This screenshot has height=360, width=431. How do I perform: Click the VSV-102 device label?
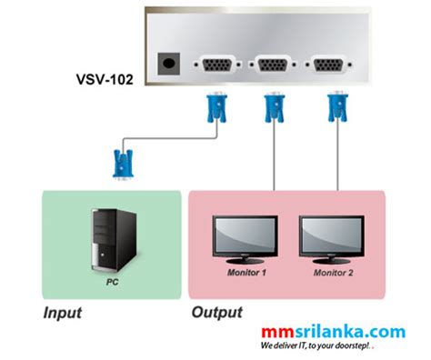pyautogui.click(x=104, y=80)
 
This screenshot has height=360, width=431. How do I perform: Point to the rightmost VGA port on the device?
pyautogui.click(x=327, y=65)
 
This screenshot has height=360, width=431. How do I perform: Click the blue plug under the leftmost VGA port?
pyautogui.click(x=216, y=106)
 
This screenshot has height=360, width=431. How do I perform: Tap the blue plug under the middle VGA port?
pyautogui.click(x=272, y=107)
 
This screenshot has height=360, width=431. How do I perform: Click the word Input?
pyautogui.click(x=63, y=314)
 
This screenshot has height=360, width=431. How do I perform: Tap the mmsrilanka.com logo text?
pyautogui.click(x=333, y=333)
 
